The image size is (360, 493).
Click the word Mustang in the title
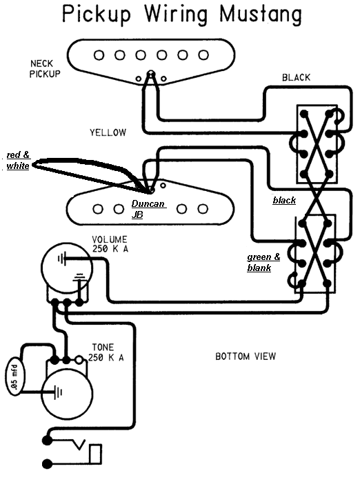[x=261, y=15]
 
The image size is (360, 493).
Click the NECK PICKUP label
[x=45, y=69]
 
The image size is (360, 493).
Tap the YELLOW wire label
[x=108, y=132]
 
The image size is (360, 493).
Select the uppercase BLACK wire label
[x=296, y=77]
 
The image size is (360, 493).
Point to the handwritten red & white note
[x=18, y=160]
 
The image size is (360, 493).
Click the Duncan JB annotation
[x=148, y=209]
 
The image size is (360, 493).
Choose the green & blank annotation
[x=263, y=262]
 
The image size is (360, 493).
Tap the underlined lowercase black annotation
[x=284, y=200]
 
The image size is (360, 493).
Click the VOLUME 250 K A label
[x=110, y=244]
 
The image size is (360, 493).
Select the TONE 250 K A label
[x=106, y=352]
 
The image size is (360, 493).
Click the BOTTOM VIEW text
[x=246, y=356]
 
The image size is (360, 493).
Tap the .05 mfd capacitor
[x=14, y=376]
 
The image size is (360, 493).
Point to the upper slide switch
[x=317, y=144]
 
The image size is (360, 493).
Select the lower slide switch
[x=315, y=254]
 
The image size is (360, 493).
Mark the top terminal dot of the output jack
[x=47, y=440]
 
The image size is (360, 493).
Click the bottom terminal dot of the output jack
[x=47, y=464]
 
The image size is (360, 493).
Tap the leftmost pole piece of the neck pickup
[x=99, y=55]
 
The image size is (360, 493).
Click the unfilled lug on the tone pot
[x=79, y=359]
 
